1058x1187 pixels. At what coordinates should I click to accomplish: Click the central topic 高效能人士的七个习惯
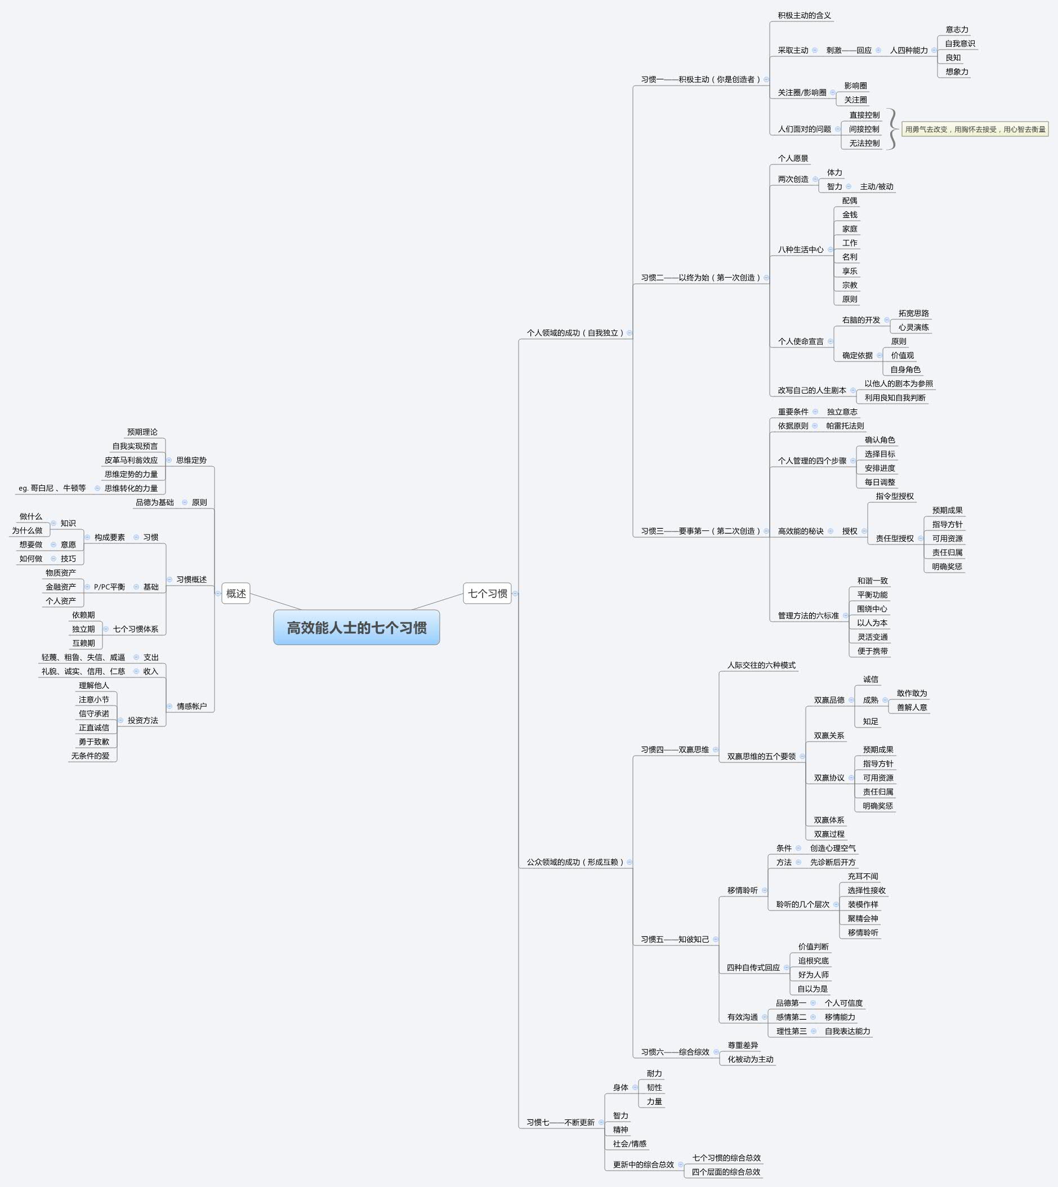click(x=356, y=627)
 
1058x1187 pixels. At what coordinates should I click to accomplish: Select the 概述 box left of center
click(x=236, y=593)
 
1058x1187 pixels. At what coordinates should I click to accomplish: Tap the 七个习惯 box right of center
click(x=487, y=593)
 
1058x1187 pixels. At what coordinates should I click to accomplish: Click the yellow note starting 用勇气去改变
click(x=975, y=129)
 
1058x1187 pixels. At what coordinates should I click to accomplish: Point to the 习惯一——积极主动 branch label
click(x=700, y=79)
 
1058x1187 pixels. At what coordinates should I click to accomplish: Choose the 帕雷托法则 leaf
click(x=845, y=426)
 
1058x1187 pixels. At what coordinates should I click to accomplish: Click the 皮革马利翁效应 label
click(x=131, y=461)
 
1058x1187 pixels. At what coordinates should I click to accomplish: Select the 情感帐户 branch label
click(x=191, y=706)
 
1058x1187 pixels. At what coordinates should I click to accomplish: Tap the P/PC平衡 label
click(x=109, y=587)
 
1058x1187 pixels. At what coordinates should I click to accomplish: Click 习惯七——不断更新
click(x=560, y=1122)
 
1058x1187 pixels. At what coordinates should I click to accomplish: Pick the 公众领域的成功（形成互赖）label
click(x=574, y=862)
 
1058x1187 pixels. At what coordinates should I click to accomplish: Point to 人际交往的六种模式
click(x=761, y=665)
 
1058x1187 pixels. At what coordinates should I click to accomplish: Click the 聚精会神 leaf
click(x=863, y=918)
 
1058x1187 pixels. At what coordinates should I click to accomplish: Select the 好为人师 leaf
click(x=813, y=975)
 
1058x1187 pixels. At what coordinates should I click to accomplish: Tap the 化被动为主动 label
click(x=751, y=1059)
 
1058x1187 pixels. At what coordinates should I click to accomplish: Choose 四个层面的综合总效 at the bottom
click(x=725, y=1172)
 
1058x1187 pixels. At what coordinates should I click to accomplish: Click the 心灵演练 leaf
click(x=913, y=327)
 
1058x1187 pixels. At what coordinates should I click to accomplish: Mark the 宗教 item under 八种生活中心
click(x=849, y=285)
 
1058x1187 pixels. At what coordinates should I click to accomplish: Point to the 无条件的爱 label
click(x=90, y=756)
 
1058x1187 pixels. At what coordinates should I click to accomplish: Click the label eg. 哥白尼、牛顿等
click(x=52, y=488)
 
